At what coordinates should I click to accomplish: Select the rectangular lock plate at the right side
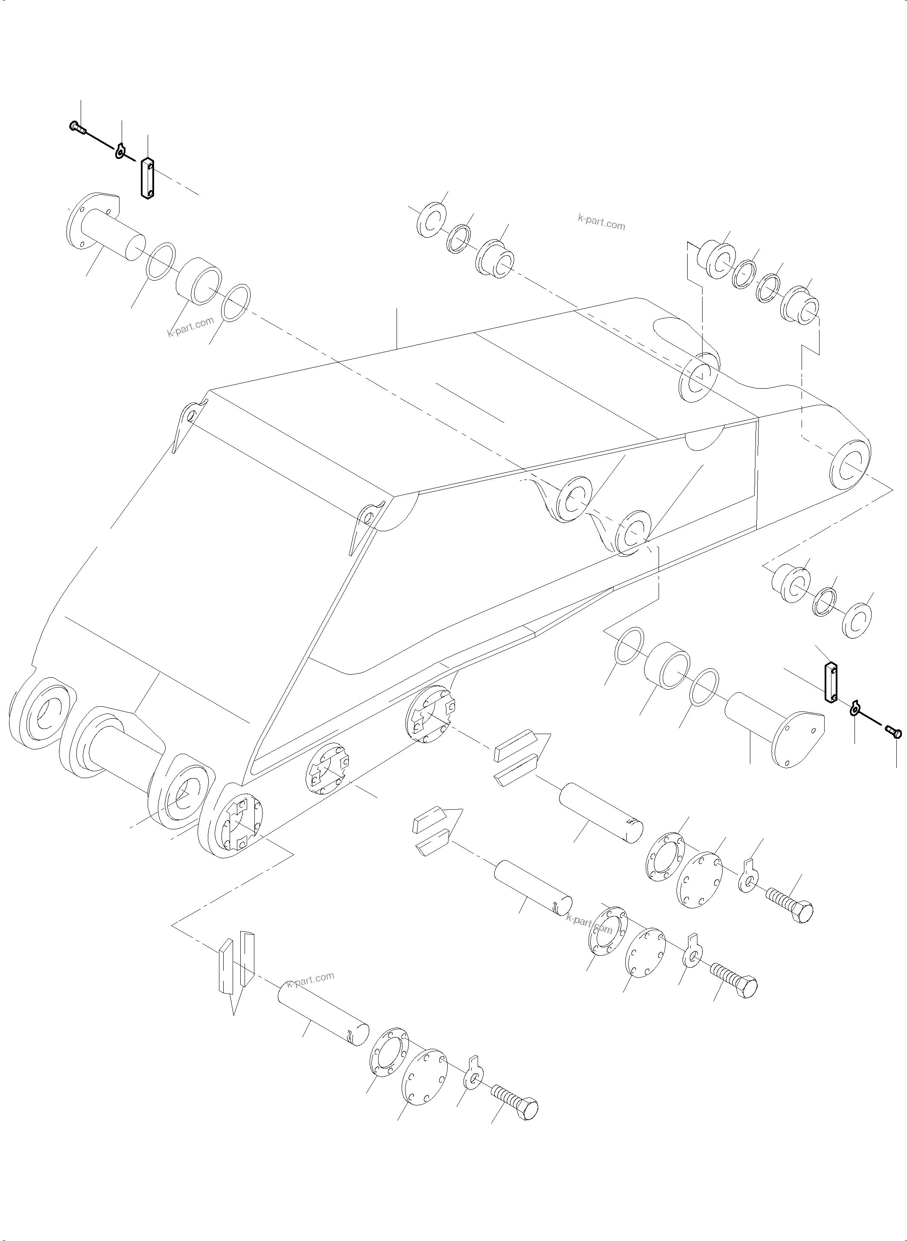(x=831, y=682)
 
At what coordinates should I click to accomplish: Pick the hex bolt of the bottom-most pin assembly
(x=516, y=1101)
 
